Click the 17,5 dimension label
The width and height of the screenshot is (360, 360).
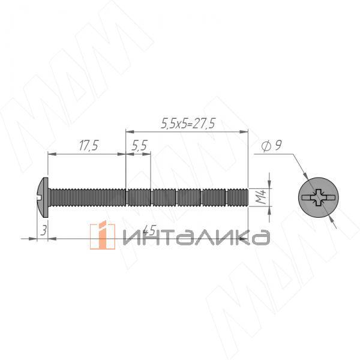click(89, 146)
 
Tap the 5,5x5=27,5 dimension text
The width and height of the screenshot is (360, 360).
click(188, 124)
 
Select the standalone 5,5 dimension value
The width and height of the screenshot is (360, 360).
click(140, 146)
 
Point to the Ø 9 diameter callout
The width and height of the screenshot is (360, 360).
click(272, 146)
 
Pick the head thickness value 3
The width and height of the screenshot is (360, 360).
click(43, 230)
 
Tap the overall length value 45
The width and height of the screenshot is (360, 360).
click(149, 230)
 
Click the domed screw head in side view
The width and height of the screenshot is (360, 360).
click(43, 197)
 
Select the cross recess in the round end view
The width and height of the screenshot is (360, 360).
click(318, 197)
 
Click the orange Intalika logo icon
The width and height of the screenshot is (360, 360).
click(103, 235)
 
